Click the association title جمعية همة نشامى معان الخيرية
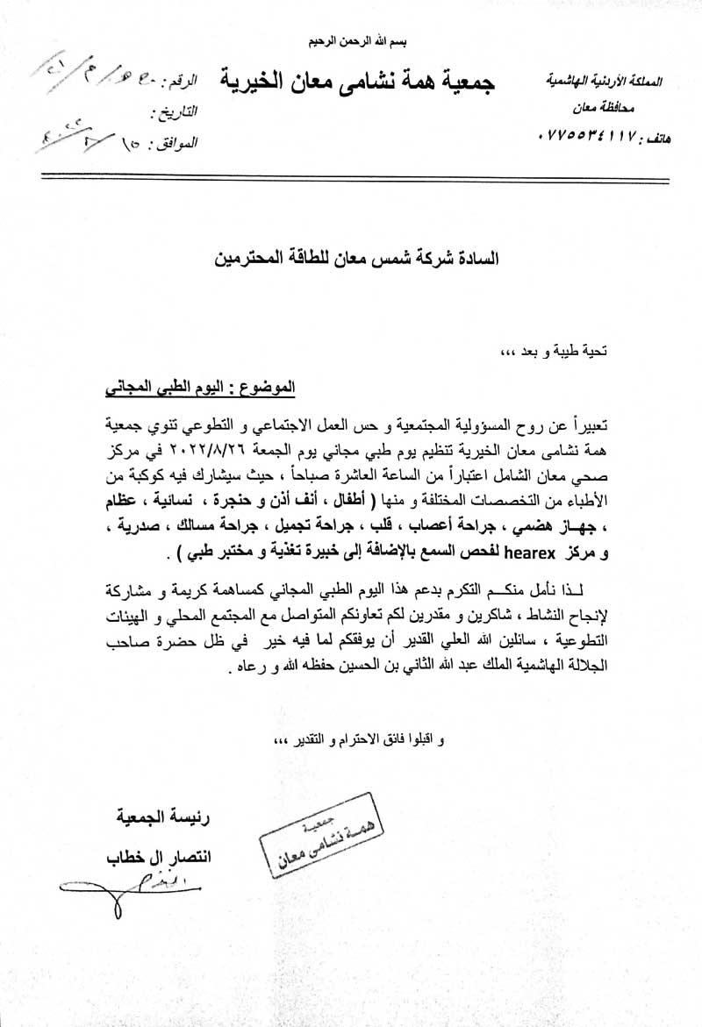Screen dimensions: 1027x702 pos(356,83)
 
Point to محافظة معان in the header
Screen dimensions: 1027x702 pos(626,109)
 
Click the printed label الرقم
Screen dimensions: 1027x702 pos(182,82)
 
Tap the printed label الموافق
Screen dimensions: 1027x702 pos(175,140)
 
